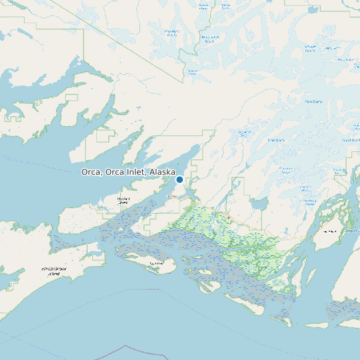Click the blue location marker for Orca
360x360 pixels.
(179, 179)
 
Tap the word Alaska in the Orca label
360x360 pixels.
(163, 172)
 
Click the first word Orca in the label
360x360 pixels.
(92, 172)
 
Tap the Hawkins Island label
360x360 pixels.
(123, 200)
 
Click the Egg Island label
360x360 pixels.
(156, 264)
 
